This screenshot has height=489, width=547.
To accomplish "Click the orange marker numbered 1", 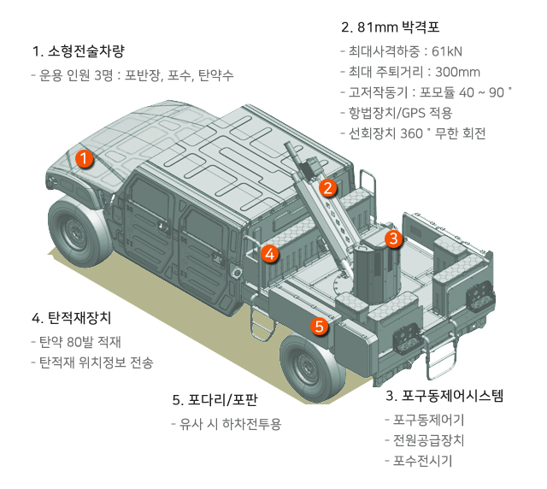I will [x=84, y=158].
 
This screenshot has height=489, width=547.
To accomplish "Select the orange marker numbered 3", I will [x=392, y=239].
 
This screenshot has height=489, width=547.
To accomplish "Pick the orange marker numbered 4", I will [x=269, y=253].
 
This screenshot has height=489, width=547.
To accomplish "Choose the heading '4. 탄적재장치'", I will [x=71, y=318].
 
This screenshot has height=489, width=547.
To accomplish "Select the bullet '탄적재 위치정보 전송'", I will [x=96, y=362].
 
